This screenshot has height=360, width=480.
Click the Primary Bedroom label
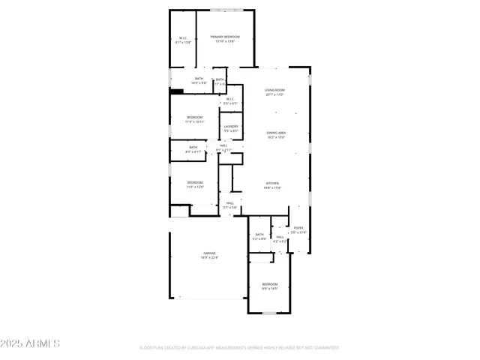225,39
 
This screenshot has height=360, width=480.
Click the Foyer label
298,229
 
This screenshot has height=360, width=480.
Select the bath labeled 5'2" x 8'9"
259,236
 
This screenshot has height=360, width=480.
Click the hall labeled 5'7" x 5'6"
229,205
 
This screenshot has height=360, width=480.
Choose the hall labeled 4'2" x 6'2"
280,239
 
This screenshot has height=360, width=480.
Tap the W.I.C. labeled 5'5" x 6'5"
230,100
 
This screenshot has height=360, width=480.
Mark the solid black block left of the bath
176,92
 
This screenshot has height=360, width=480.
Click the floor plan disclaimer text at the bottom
239,348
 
